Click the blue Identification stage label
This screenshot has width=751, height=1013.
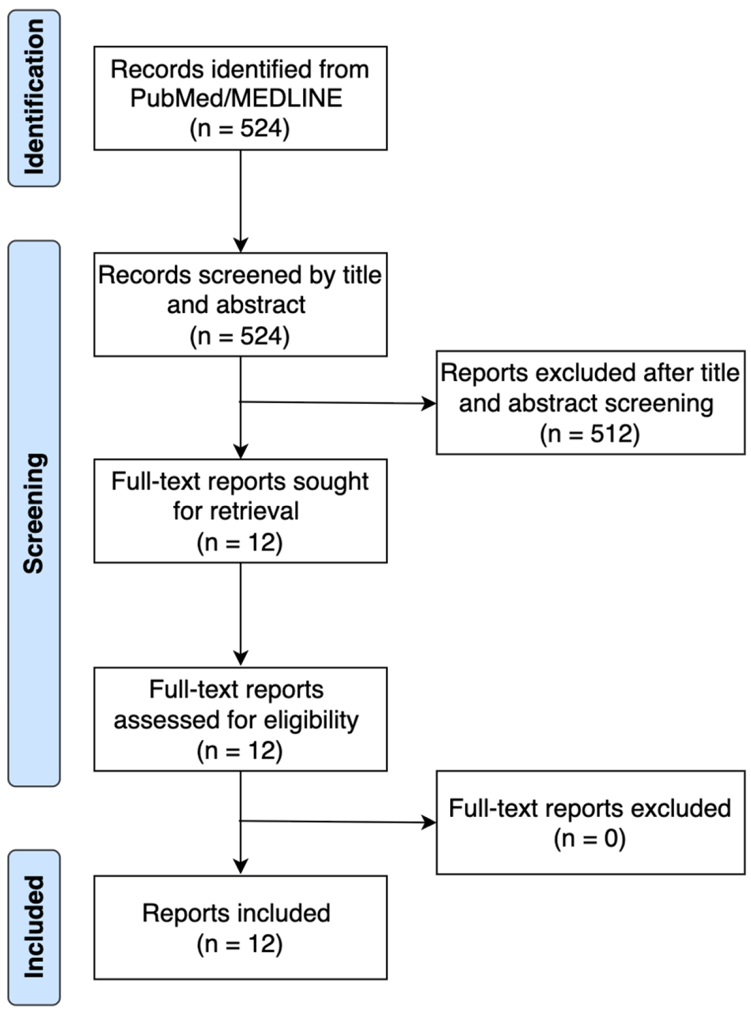(x=34, y=97)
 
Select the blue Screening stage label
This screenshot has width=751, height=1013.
(x=34, y=513)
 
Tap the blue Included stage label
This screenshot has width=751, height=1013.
(x=34, y=927)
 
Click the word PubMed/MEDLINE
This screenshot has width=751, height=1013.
(x=236, y=99)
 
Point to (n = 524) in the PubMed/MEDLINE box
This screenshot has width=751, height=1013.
(x=240, y=128)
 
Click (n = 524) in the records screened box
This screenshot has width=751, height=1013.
(x=240, y=336)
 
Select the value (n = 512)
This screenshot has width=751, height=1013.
(x=589, y=433)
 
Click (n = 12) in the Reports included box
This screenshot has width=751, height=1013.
(x=240, y=944)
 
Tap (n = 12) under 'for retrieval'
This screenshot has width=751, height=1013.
(x=240, y=542)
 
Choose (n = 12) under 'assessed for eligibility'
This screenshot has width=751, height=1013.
(x=240, y=750)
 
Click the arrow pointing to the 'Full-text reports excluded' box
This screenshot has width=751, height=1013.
(x=338, y=821)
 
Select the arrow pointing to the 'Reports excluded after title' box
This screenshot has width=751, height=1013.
(x=338, y=402)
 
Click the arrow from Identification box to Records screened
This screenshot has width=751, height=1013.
(x=241, y=201)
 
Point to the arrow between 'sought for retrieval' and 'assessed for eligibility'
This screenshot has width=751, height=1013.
(x=241, y=614)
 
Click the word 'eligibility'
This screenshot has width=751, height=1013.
(x=311, y=720)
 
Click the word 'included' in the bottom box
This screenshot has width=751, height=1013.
(x=284, y=913)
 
